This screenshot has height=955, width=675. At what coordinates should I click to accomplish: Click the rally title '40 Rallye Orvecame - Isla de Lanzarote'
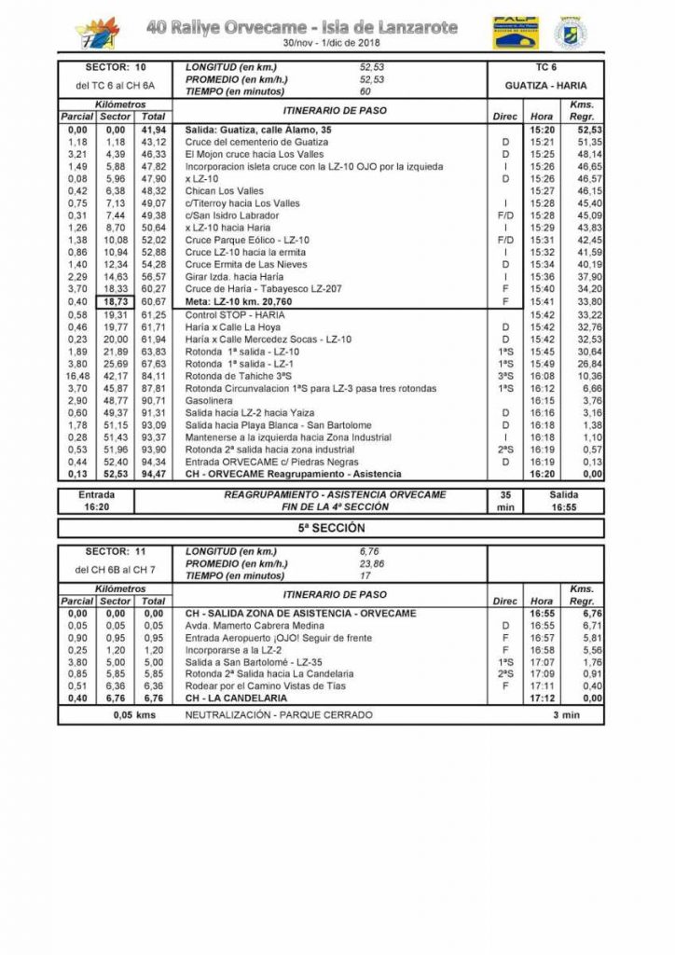302,28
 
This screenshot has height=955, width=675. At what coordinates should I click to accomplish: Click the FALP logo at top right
516,33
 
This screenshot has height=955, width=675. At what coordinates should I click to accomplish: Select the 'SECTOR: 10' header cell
116,68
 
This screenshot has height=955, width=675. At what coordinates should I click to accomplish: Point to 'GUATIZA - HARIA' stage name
545,85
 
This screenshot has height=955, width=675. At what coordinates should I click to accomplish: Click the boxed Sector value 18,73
116,302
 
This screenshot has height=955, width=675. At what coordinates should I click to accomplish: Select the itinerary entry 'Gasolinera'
210,400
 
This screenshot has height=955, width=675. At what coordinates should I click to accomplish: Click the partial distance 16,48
76,376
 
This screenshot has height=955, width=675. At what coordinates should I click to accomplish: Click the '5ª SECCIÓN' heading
330,528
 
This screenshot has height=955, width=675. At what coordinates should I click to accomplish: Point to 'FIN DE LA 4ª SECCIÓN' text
334,506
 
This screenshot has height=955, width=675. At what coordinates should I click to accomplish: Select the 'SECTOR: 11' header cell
116,552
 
